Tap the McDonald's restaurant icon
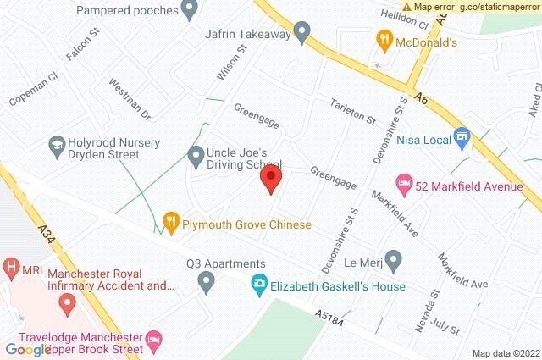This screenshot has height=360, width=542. tap(384, 38)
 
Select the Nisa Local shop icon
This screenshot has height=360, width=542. tap(462, 136)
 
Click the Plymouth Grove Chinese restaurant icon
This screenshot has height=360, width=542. tap(171, 224)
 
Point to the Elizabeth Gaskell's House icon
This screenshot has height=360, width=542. tap(260, 286)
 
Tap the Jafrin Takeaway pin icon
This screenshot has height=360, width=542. tap(301, 34)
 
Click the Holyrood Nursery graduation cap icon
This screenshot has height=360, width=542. tap(58, 145)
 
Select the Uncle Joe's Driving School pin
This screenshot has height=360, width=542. tap(195, 154)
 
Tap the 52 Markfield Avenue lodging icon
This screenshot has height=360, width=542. tap(405, 183)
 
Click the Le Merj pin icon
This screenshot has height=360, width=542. tap(393, 258)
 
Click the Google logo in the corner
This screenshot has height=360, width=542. tap(28, 349)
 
